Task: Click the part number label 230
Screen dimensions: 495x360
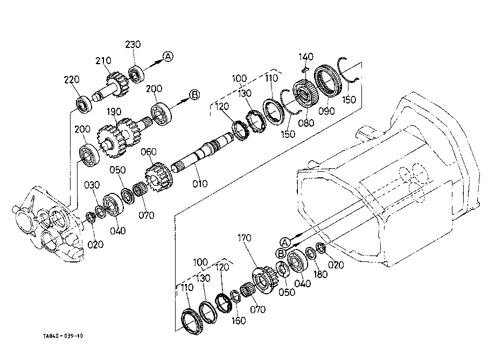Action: point(133,45)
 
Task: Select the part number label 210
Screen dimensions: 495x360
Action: point(103,60)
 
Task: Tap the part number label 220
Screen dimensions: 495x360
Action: point(72,80)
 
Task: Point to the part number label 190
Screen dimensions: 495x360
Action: point(114,112)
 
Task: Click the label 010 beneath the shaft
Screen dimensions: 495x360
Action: point(200,183)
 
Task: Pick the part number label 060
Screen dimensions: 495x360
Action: point(148,152)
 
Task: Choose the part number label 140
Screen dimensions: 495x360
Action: point(306,57)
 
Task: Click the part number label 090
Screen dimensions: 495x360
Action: point(326,111)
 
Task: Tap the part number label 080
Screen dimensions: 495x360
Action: point(306,123)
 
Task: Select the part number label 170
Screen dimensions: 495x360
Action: point(244,238)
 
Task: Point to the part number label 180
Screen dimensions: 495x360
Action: point(320,274)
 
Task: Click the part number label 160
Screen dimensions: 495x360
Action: point(239,321)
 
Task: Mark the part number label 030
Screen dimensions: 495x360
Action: point(92,185)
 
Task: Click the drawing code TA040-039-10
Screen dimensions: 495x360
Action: point(63,336)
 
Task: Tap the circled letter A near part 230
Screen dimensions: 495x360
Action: point(168,57)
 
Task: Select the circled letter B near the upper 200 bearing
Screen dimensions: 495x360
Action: point(195,94)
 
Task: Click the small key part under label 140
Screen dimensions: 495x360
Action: point(305,69)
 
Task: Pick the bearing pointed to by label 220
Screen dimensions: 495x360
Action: point(84,103)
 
